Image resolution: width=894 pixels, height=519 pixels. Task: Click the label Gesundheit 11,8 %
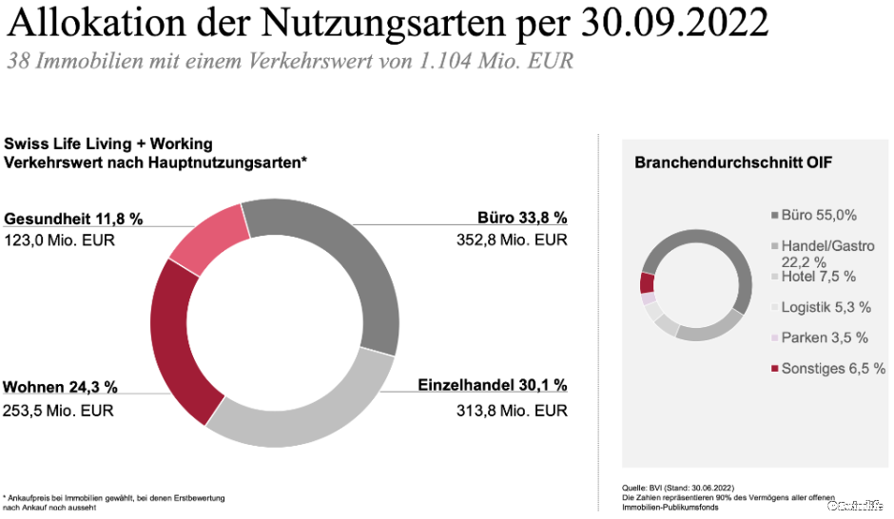(x=73, y=219)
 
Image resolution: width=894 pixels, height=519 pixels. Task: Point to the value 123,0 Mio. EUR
(x=59, y=240)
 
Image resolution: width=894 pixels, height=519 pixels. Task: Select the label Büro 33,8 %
(x=521, y=218)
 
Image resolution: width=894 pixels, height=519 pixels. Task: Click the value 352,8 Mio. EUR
(x=512, y=240)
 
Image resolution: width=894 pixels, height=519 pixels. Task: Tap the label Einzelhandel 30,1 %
(x=493, y=386)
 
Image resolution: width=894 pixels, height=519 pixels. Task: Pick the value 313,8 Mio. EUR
(x=512, y=411)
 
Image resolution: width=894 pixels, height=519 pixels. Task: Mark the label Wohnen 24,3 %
(x=61, y=387)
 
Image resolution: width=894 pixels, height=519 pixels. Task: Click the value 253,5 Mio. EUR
(x=59, y=411)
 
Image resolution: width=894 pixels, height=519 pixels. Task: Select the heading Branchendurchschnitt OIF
(x=733, y=163)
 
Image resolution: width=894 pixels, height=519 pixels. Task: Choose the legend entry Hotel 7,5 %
(x=818, y=277)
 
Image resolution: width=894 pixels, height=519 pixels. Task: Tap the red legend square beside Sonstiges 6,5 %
(x=774, y=369)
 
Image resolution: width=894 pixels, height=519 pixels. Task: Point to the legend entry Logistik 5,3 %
(x=826, y=307)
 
